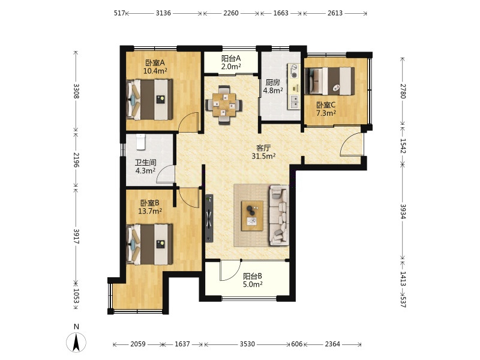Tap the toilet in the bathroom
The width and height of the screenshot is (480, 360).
pyautogui.click(x=140, y=142)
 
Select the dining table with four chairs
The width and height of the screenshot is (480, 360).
pyautogui.click(x=224, y=105)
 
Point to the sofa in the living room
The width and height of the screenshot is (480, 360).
pyautogui.click(x=278, y=215)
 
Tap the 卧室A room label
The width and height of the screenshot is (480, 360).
pyautogui.click(x=155, y=63)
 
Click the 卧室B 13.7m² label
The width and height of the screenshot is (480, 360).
pyautogui.click(x=150, y=207)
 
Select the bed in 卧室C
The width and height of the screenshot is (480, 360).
pyautogui.click(x=329, y=81)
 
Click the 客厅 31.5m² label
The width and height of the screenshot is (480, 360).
pyautogui.click(x=263, y=152)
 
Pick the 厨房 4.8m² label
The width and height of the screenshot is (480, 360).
pyautogui.click(x=273, y=86)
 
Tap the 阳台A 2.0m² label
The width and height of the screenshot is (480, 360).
pyautogui.click(x=231, y=62)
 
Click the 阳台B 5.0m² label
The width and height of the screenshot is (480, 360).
pyautogui.click(x=253, y=280)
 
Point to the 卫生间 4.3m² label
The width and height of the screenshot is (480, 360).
pyautogui.click(x=145, y=167)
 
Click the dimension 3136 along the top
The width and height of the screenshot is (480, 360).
pyautogui.click(x=163, y=13)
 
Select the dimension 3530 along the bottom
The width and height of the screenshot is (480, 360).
pyautogui.click(x=247, y=344)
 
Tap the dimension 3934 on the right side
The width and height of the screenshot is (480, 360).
pyautogui.click(x=403, y=212)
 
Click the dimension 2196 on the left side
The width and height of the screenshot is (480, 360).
pyautogui.click(x=76, y=160)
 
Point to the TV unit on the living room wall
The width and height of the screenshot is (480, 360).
pyautogui.click(x=209, y=218)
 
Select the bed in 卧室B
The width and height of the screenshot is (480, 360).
pyautogui.click(x=149, y=244)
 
